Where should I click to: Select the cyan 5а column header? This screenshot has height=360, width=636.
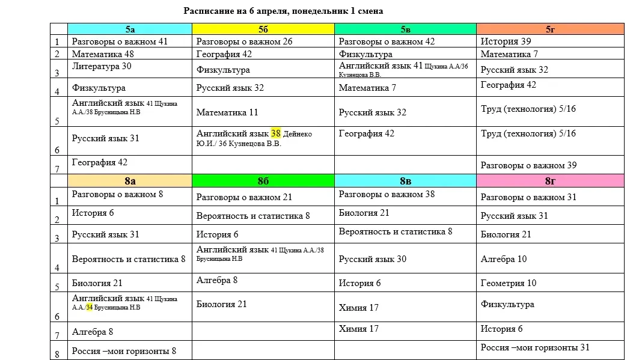(130, 29)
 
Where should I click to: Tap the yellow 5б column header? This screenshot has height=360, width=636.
(263, 29)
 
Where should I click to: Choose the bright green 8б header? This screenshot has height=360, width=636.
(263, 180)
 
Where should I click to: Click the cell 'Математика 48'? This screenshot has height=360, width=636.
(103, 54)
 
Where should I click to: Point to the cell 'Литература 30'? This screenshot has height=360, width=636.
(101, 66)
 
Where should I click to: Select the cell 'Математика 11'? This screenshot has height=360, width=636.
(227, 112)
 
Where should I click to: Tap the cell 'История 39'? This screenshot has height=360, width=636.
(506, 41)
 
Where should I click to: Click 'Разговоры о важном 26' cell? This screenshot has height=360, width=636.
(245, 41)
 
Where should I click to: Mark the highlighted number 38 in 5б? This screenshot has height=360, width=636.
(276, 133)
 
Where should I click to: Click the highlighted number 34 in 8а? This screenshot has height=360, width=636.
(89, 307)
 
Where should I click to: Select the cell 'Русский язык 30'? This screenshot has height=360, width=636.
(373, 259)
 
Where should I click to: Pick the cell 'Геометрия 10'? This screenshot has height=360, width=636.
(509, 283)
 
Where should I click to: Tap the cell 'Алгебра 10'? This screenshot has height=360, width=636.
(504, 259)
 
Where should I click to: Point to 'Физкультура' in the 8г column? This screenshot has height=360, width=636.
(507, 304)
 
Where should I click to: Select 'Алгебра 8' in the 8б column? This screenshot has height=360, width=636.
(217, 279)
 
